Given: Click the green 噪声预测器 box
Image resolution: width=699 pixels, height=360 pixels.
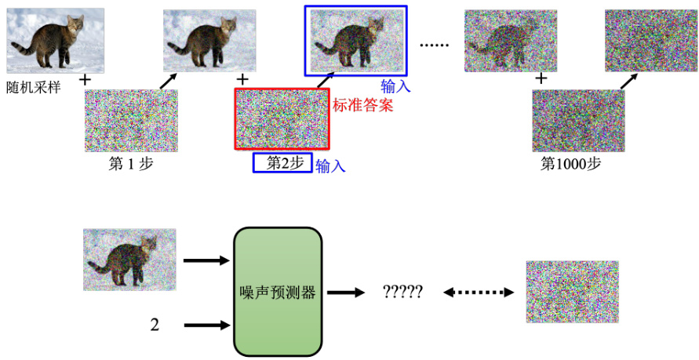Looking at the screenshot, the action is coord(278,292).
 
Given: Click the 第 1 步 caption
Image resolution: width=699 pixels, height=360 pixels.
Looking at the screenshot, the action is coord(130,165).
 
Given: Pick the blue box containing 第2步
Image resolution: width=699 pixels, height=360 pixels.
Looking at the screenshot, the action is coord(282,163).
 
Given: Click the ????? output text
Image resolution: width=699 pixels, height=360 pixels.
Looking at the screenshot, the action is coord(402,293).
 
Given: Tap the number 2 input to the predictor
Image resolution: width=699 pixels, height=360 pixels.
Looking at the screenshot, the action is coord(155,324).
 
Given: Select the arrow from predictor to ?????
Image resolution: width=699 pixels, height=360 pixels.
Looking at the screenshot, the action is coord(345,293).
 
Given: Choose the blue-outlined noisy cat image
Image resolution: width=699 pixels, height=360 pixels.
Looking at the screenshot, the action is coord(355,39).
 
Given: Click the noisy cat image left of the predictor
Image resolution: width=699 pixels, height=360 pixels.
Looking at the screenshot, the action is coord(129,259).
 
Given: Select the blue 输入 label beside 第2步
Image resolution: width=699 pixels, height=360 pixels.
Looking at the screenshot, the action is coord(330,165).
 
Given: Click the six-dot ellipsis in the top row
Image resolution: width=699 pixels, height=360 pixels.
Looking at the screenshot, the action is coord(432,45).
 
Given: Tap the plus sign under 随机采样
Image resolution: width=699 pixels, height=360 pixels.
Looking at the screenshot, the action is coord(86,80).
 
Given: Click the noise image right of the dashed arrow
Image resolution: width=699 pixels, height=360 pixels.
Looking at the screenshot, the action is coord(572,292).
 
